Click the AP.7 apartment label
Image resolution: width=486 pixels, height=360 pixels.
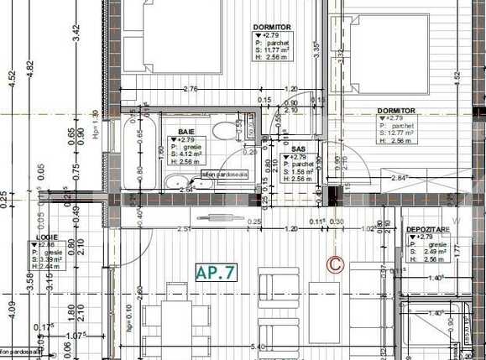coord(217,272)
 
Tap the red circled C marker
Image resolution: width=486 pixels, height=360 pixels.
coord(335,263)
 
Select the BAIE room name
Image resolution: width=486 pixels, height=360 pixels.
coord(186,133)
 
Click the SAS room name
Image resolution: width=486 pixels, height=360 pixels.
coord(299,148)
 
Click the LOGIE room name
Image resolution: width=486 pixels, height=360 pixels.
coord(46,237)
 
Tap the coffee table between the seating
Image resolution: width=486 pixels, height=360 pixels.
coord(324,310)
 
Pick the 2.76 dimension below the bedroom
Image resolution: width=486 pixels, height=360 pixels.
coord(190,88)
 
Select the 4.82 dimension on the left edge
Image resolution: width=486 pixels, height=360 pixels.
coord(29,65)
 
